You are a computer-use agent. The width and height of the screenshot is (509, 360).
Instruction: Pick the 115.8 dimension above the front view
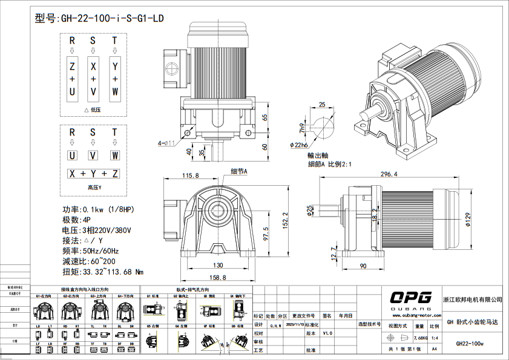(x=190, y=175)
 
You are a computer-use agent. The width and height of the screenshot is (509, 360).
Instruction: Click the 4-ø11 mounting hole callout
(x=166, y=143)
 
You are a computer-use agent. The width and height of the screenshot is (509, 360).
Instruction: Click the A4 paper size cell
(x=434, y=349)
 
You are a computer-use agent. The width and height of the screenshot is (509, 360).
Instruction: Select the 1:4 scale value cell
(x=434, y=338)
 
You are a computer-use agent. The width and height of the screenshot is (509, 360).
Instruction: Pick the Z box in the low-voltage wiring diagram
(x=72, y=66)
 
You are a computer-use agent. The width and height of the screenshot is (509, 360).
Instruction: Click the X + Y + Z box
(x=93, y=174)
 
